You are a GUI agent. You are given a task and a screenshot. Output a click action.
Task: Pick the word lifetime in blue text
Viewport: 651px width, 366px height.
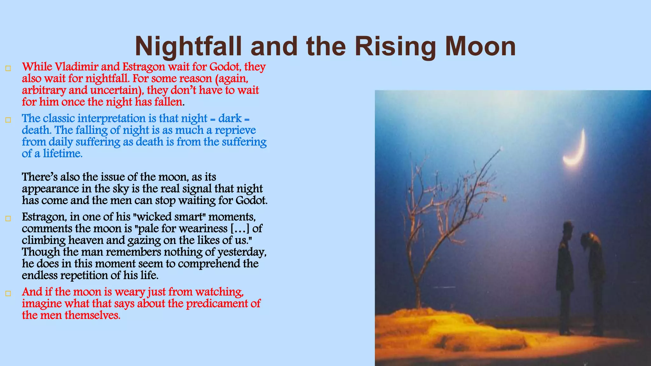[x=63, y=154]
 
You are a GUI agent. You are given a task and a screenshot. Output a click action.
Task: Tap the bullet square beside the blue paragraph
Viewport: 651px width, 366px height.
[x=8, y=120]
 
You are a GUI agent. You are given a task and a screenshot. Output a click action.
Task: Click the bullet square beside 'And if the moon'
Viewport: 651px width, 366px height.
[x=8, y=294]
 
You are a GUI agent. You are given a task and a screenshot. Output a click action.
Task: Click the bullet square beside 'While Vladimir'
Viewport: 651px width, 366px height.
[x=8, y=68]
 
